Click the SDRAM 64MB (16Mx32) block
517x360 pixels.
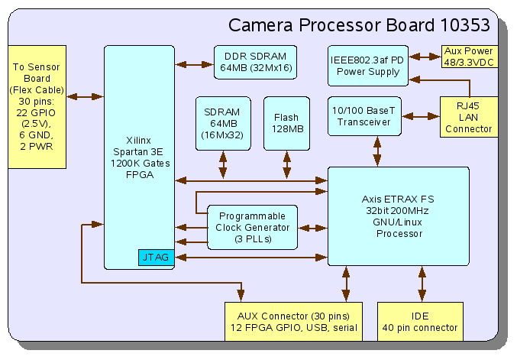222,123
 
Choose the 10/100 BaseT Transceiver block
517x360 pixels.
365,116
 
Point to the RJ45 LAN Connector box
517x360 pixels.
469,117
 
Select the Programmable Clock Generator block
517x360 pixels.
252,228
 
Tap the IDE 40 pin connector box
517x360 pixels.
421,322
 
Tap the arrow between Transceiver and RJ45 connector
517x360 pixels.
421,117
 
